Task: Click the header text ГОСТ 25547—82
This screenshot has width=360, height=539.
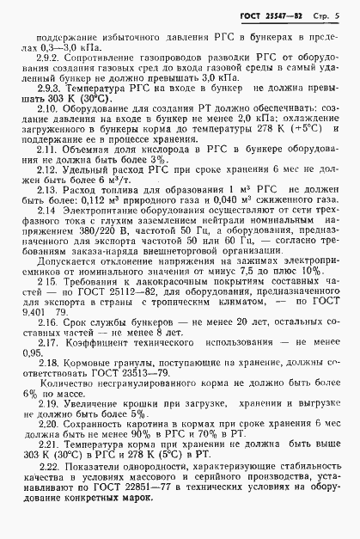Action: (x=273, y=18)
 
